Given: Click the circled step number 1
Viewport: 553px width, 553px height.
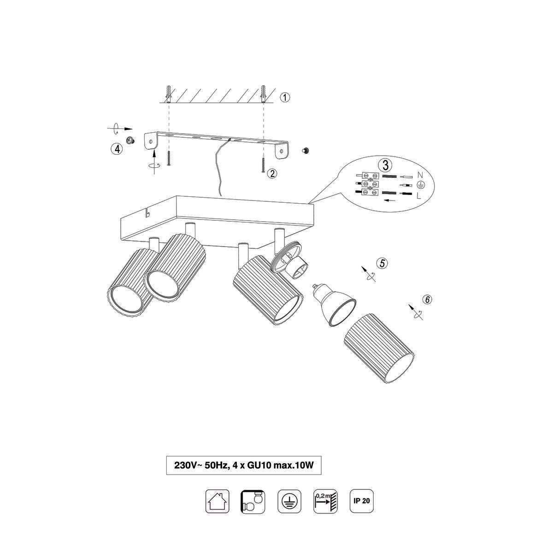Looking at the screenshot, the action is click(285, 98).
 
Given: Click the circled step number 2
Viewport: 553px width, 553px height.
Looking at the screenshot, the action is click(272, 173).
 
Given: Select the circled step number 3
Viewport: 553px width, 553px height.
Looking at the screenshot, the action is click(385, 165).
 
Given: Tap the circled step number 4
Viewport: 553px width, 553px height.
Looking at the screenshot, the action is click(117, 149).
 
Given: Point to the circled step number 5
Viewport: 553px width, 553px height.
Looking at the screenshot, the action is click(382, 263).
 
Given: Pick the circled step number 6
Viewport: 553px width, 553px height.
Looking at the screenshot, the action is click(427, 300).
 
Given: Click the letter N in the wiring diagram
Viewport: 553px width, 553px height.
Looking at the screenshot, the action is click(420, 175).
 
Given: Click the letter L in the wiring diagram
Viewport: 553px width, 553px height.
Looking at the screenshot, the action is click(419, 196).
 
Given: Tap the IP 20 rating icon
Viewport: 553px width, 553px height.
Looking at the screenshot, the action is click(362, 501).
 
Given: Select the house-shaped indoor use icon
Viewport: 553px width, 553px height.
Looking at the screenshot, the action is click(217, 501).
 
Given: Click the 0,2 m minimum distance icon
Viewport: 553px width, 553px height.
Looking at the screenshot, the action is click(326, 501).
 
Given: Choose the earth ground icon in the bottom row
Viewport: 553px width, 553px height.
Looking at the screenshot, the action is click(289, 501).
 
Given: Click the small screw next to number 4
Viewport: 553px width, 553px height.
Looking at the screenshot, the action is click(130, 141).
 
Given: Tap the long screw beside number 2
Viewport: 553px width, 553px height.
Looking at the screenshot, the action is click(263, 165).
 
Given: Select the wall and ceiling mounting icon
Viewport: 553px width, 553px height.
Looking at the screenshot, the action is click(253, 501).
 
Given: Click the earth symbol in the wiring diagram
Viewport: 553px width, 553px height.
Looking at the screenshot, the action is click(421, 185).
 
